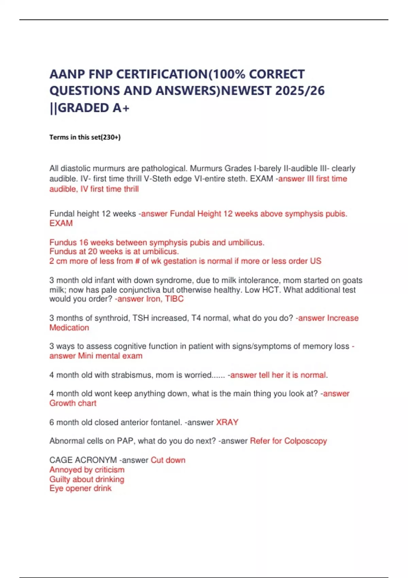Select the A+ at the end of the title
tap(121, 108)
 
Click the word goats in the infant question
tap(352, 280)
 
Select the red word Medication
tap(69, 328)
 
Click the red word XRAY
tap(227, 422)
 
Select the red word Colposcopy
tap(305, 441)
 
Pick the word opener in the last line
tap(79, 489)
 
